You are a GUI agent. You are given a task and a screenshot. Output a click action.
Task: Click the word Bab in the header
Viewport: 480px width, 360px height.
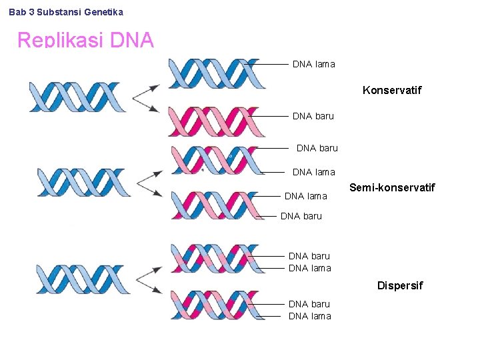[17, 12]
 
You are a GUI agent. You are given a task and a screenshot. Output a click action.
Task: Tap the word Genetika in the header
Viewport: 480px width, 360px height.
[104, 12]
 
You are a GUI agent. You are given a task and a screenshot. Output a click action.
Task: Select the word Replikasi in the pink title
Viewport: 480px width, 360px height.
[60, 41]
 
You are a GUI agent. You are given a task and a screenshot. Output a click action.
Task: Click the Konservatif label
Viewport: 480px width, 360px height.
[392, 89]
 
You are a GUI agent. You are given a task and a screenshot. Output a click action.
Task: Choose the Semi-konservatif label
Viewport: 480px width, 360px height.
[392, 188]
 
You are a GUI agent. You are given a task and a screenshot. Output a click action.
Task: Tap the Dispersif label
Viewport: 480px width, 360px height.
[400, 285]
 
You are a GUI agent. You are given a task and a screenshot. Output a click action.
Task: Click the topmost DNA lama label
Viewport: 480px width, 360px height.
[313, 64]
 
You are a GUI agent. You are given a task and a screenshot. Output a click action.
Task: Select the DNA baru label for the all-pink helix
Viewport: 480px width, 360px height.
[313, 116]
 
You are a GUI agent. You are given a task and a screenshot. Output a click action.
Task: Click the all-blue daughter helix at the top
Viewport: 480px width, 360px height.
[217, 73]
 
